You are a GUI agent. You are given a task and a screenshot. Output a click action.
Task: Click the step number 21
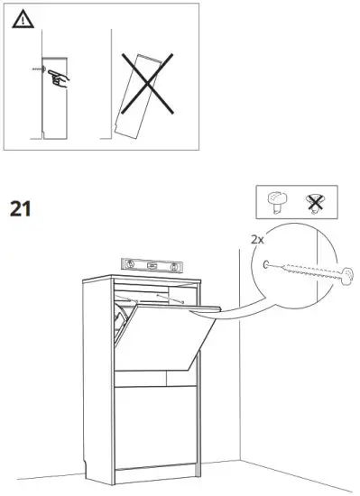pos(21,209)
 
